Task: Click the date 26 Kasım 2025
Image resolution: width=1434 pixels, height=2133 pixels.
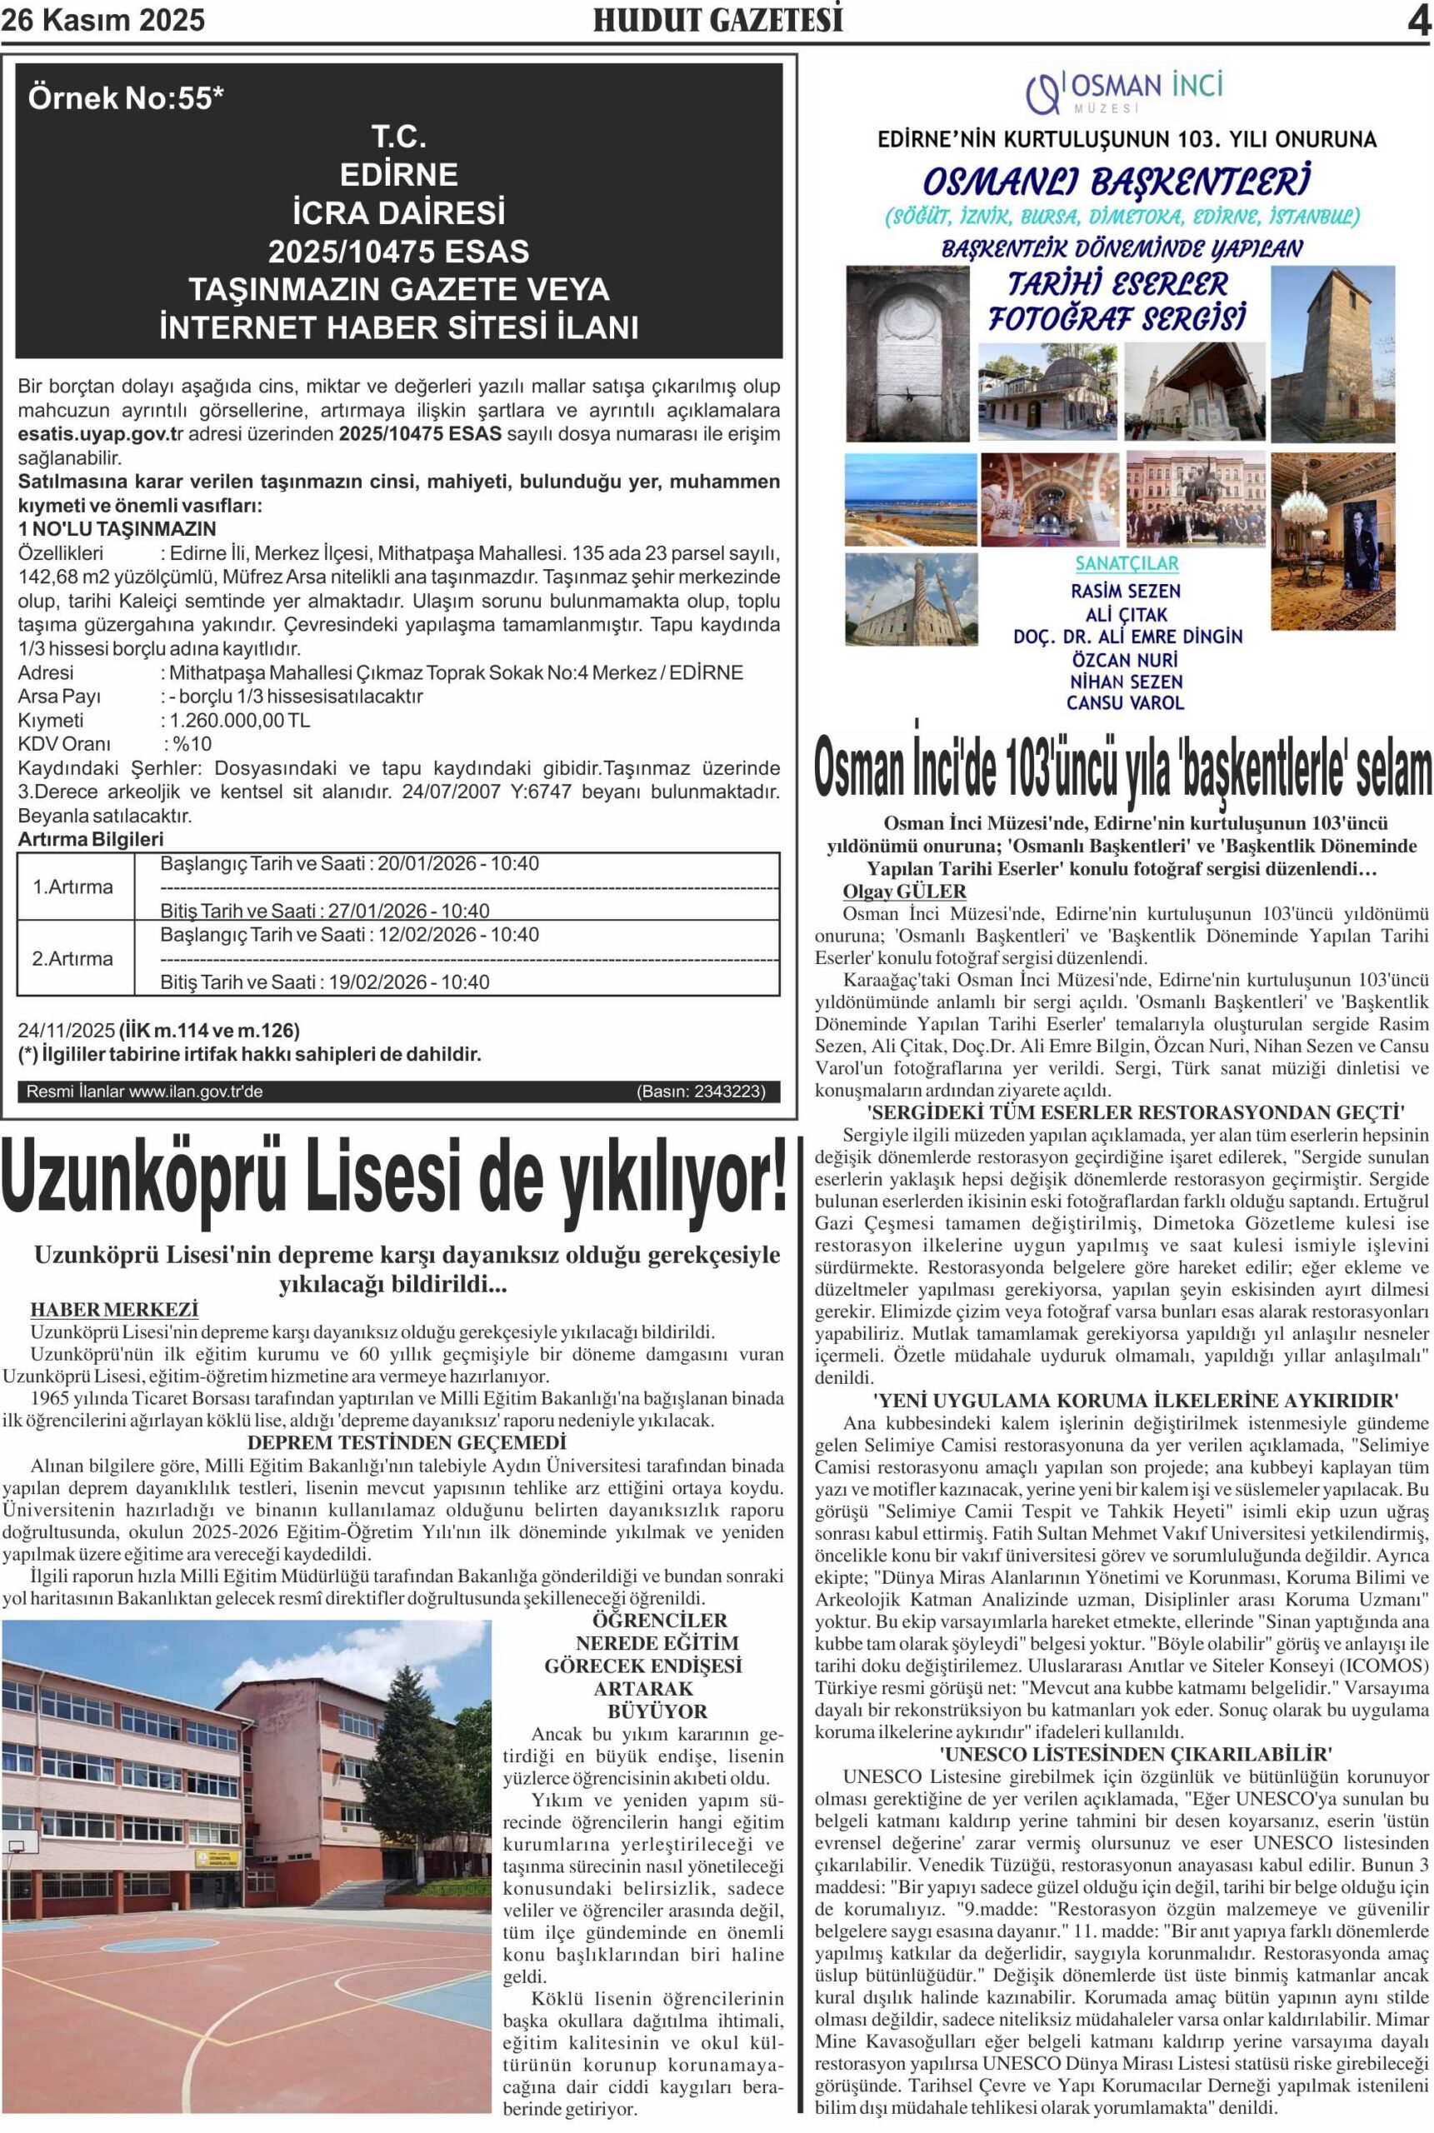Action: (x=103, y=20)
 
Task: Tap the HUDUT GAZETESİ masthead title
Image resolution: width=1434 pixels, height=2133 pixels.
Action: (x=718, y=20)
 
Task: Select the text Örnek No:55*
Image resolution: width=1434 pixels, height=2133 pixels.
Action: (x=125, y=97)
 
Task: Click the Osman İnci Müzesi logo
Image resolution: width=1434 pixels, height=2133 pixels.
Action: (x=1124, y=91)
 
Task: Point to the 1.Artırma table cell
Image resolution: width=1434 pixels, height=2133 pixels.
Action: (x=73, y=887)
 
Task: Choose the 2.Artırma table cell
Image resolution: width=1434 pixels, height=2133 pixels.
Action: (x=73, y=958)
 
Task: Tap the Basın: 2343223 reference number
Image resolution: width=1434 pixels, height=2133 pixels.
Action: (x=701, y=1091)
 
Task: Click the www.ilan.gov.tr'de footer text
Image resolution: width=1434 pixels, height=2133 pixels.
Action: (x=196, y=1091)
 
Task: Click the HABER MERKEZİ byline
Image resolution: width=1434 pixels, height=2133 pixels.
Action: (x=114, y=1310)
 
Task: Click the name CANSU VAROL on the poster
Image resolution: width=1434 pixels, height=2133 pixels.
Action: (x=1125, y=703)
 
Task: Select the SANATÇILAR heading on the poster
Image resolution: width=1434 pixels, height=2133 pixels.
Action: (x=1126, y=563)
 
